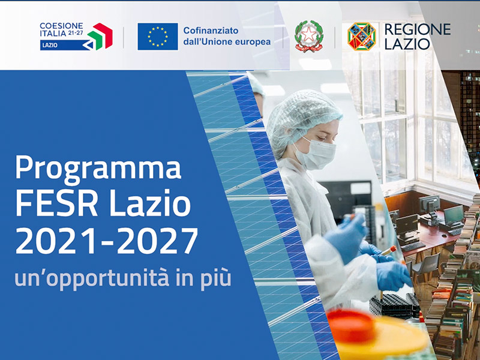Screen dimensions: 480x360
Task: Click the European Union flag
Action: point(158,37)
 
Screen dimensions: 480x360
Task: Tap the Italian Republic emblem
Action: point(309,36)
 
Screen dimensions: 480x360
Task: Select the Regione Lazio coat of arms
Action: point(362,36)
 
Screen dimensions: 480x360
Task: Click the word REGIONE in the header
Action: point(417,29)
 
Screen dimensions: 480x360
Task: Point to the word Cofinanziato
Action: point(211,31)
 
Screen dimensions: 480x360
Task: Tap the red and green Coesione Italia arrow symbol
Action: point(100,36)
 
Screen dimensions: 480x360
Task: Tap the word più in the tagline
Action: point(216,278)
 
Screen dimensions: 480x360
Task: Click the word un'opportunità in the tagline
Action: point(92,279)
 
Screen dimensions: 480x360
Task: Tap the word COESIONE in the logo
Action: point(61,26)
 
